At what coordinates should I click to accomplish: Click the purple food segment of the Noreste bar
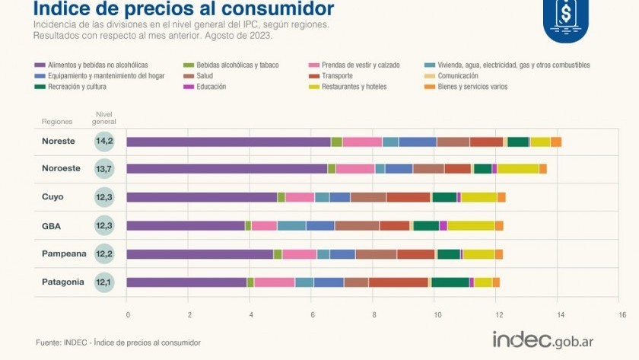pyautogui.click(x=228, y=142)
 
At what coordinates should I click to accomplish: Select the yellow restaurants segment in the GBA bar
pyautogui.click(x=471, y=225)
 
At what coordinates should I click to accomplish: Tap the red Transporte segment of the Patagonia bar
pyautogui.click(x=399, y=282)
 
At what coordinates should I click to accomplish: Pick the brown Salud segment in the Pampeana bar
pyautogui.click(x=376, y=254)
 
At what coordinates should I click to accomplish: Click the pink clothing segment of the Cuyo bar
pyautogui.click(x=300, y=197)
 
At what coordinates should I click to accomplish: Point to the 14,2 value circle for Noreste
pyautogui.click(x=104, y=142)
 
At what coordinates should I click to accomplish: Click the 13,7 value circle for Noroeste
pyautogui.click(x=104, y=169)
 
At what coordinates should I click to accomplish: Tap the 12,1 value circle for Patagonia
pyautogui.click(x=104, y=282)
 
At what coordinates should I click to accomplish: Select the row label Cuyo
pyautogui.click(x=52, y=196)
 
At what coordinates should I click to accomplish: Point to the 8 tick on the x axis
pyautogui.click(x=374, y=314)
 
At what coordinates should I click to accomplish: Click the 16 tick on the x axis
pyautogui.click(x=622, y=314)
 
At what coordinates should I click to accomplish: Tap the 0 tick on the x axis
pyautogui.click(x=127, y=314)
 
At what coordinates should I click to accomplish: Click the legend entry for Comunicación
pyautogui.click(x=457, y=76)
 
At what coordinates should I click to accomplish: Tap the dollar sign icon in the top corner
pyautogui.click(x=565, y=14)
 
